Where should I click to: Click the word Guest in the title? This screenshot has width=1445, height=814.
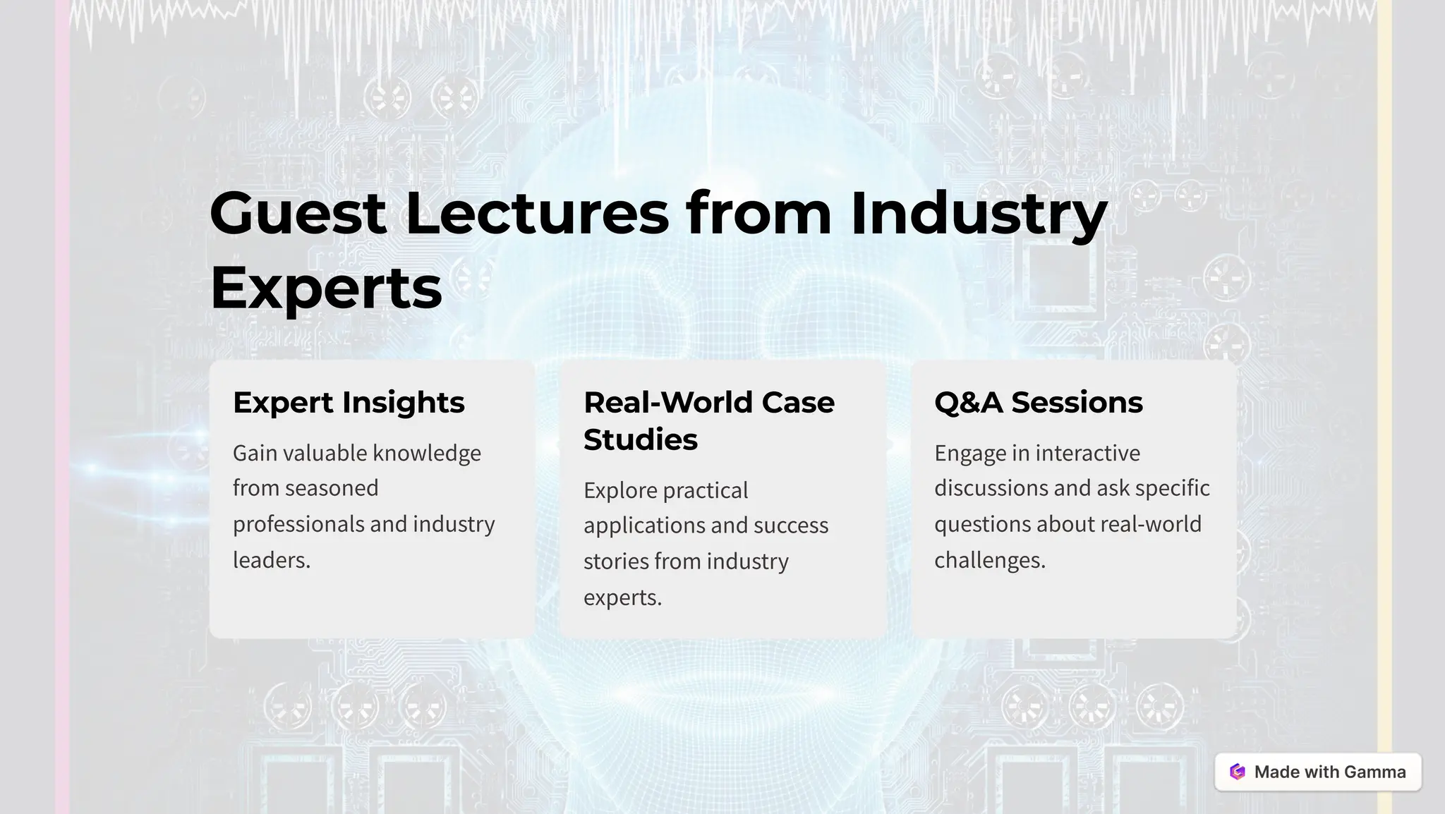tap(298, 213)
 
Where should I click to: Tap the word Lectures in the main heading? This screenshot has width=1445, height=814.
tap(537, 213)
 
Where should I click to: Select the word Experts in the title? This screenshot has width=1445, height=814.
tap(326, 288)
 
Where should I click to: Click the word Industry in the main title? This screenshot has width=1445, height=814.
tap(979, 213)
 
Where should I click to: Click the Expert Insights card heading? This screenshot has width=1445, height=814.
tap(349, 403)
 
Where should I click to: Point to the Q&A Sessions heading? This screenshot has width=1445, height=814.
tap(1038, 403)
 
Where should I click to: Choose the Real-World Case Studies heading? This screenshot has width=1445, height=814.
tap(708, 421)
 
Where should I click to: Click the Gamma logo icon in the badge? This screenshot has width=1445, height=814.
tap(1238, 772)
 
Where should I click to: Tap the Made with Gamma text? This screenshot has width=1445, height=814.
tap(1329, 772)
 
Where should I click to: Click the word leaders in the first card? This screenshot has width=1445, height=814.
tap(271, 560)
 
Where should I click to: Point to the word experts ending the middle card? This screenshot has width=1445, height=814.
tap(622, 597)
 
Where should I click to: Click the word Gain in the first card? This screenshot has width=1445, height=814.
tap(255, 453)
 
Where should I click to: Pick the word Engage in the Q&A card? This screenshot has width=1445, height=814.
tap(970, 453)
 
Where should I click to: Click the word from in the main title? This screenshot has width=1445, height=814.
tap(759, 213)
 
